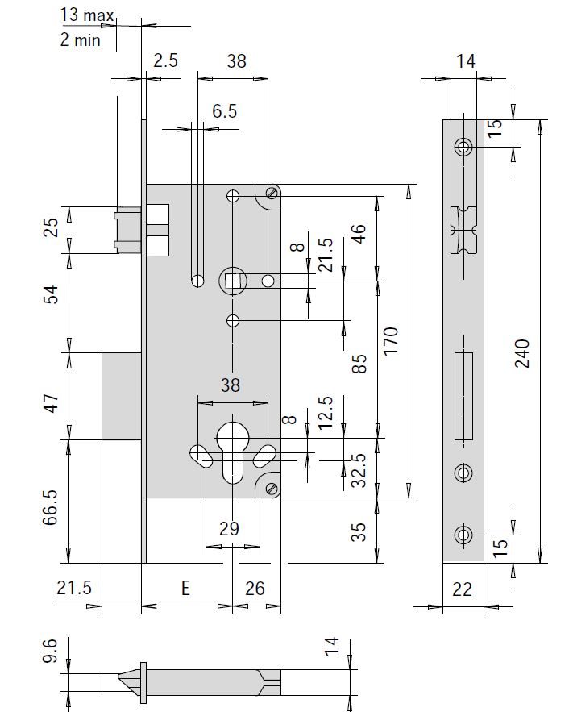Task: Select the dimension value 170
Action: pyautogui.click(x=391, y=342)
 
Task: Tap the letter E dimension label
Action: pyautogui.click(x=185, y=589)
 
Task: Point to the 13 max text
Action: pyautogui.click(x=87, y=15)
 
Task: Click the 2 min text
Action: pyautogui.click(x=81, y=39)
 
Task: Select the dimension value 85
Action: pyautogui.click(x=360, y=364)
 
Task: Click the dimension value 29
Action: pyautogui.click(x=230, y=529)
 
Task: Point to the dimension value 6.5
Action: pyautogui.click(x=225, y=111)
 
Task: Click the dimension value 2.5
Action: pyautogui.click(x=166, y=60)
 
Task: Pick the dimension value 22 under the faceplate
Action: pyautogui.click(x=462, y=589)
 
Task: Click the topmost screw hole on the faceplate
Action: pyautogui.click(x=463, y=147)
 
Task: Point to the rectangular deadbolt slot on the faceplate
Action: pyautogui.click(x=463, y=395)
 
